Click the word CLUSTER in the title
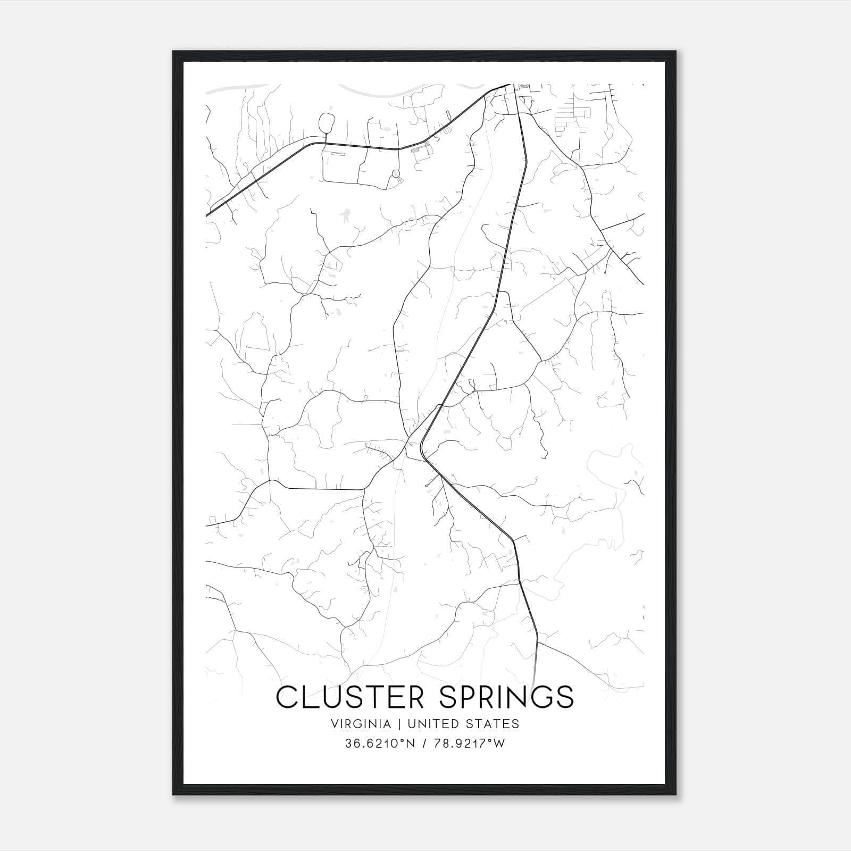tap(348, 697)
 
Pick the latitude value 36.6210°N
tap(378, 744)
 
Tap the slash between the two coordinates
tap(423, 744)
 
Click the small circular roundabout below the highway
tap(395, 174)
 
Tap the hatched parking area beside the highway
tap(422, 151)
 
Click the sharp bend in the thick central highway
tap(423, 447)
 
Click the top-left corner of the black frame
tap(173, 52)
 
